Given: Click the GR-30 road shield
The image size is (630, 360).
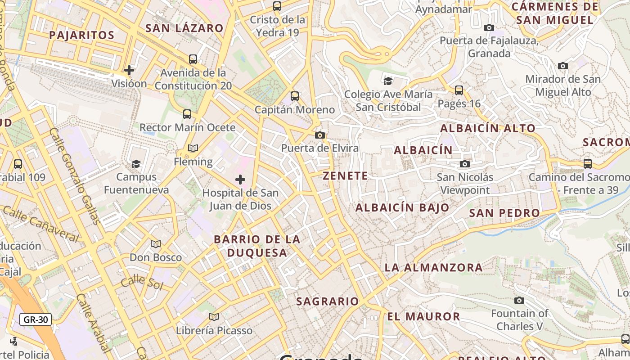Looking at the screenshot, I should pyautogui.click(x=36, y=320).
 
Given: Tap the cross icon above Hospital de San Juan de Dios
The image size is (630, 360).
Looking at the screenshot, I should pyautogui.click(x=240, y=180).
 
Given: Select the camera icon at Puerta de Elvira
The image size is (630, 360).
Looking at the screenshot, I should pyautogui.click(x=320, y=135).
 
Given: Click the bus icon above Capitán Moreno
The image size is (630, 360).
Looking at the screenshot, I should pyautogui.click(x=295, y=96).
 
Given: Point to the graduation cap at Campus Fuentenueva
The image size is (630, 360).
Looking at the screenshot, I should pyautogui.click(x=136, y=164).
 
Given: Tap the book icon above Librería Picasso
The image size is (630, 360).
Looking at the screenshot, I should pyautogui.click(x=214, y=317).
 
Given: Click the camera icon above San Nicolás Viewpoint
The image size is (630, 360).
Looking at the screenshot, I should pyautogui.click(x=465, y=164).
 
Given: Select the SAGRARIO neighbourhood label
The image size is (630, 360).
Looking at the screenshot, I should pyautogui.click(x=328, y=301).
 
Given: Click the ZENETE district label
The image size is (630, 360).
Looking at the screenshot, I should pyautogui.click(x=345, y=175).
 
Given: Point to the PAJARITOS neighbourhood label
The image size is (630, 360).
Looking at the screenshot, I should pyautogui.click(x=82, y=35).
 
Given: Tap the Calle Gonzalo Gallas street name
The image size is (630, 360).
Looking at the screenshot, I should pyautogui.click(x=75, y=176).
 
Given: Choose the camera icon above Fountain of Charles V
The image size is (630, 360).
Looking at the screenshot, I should pyautogui.click(x=519, y=300).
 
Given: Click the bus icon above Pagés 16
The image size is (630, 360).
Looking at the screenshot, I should pyautogui.click(x=459, y=90).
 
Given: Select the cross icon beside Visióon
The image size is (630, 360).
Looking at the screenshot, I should pyautogui.click(x=129, y=70).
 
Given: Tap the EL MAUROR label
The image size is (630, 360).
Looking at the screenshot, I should pyautogui.click(x=423, y=316).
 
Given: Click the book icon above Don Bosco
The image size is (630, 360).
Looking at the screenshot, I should pyautogui.click(x=156, y=244).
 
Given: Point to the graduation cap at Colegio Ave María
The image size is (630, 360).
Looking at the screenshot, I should pyautogui.click(x=388, y=81).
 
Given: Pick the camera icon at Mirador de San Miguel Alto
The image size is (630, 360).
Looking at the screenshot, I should pyautogui.click(x=562, y=66).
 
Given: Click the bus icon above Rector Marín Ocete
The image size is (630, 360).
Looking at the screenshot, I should pyautogui.click(x=187, y=114).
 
